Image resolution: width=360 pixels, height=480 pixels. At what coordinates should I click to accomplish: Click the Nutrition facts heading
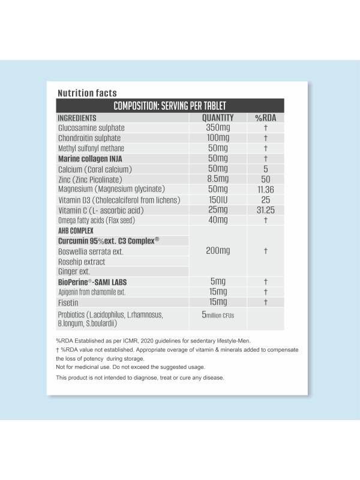(86, 93)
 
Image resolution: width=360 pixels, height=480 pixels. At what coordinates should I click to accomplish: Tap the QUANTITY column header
(218, 118)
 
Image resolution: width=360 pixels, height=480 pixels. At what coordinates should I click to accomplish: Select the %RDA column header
(265, 118)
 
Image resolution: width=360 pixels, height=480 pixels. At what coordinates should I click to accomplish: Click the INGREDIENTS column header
(77, 118)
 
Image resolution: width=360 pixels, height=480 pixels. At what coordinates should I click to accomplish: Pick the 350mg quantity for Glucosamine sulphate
(217, 128)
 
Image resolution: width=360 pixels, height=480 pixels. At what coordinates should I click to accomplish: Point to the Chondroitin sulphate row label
(91, 138)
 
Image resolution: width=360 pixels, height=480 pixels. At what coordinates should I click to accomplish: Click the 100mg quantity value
(217, 138)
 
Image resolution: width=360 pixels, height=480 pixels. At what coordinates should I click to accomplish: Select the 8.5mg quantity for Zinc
(217, 179)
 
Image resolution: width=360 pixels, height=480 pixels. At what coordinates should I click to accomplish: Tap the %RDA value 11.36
(265, 189)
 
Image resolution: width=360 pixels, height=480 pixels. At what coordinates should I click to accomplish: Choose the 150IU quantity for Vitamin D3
(217, 199)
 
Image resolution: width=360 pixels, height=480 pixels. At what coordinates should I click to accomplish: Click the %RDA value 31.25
(265, 210)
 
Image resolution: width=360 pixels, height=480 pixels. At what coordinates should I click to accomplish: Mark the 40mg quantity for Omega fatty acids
(217, 220)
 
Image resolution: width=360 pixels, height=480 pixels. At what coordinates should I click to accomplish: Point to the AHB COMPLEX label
(75, 230)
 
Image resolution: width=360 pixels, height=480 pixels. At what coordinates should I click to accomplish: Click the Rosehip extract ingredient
(82, 262)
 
